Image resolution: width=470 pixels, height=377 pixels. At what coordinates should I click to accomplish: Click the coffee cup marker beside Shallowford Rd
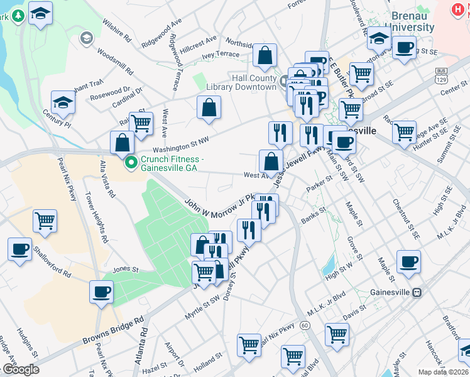(19, 248)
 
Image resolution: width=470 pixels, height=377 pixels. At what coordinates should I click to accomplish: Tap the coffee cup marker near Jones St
(102, 291)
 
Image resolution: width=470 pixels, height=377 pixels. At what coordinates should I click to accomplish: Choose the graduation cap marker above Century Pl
(63, 102)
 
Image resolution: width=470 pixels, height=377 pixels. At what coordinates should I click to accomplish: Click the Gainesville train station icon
(417, 293)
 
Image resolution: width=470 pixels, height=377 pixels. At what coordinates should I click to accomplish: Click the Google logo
(21, 369)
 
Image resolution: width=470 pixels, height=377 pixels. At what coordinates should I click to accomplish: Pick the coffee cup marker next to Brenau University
(403, 47)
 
